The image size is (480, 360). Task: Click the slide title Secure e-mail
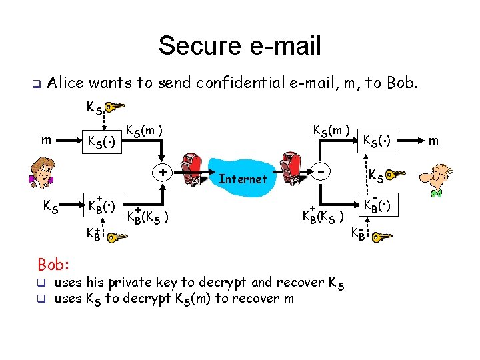tap(239, 46)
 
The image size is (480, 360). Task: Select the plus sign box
tap(162, 172)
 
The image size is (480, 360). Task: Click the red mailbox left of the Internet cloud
tap(197, 175)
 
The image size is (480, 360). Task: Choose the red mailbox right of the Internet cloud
tap(292, 175)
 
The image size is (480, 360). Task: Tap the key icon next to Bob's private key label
tap(382, 236)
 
